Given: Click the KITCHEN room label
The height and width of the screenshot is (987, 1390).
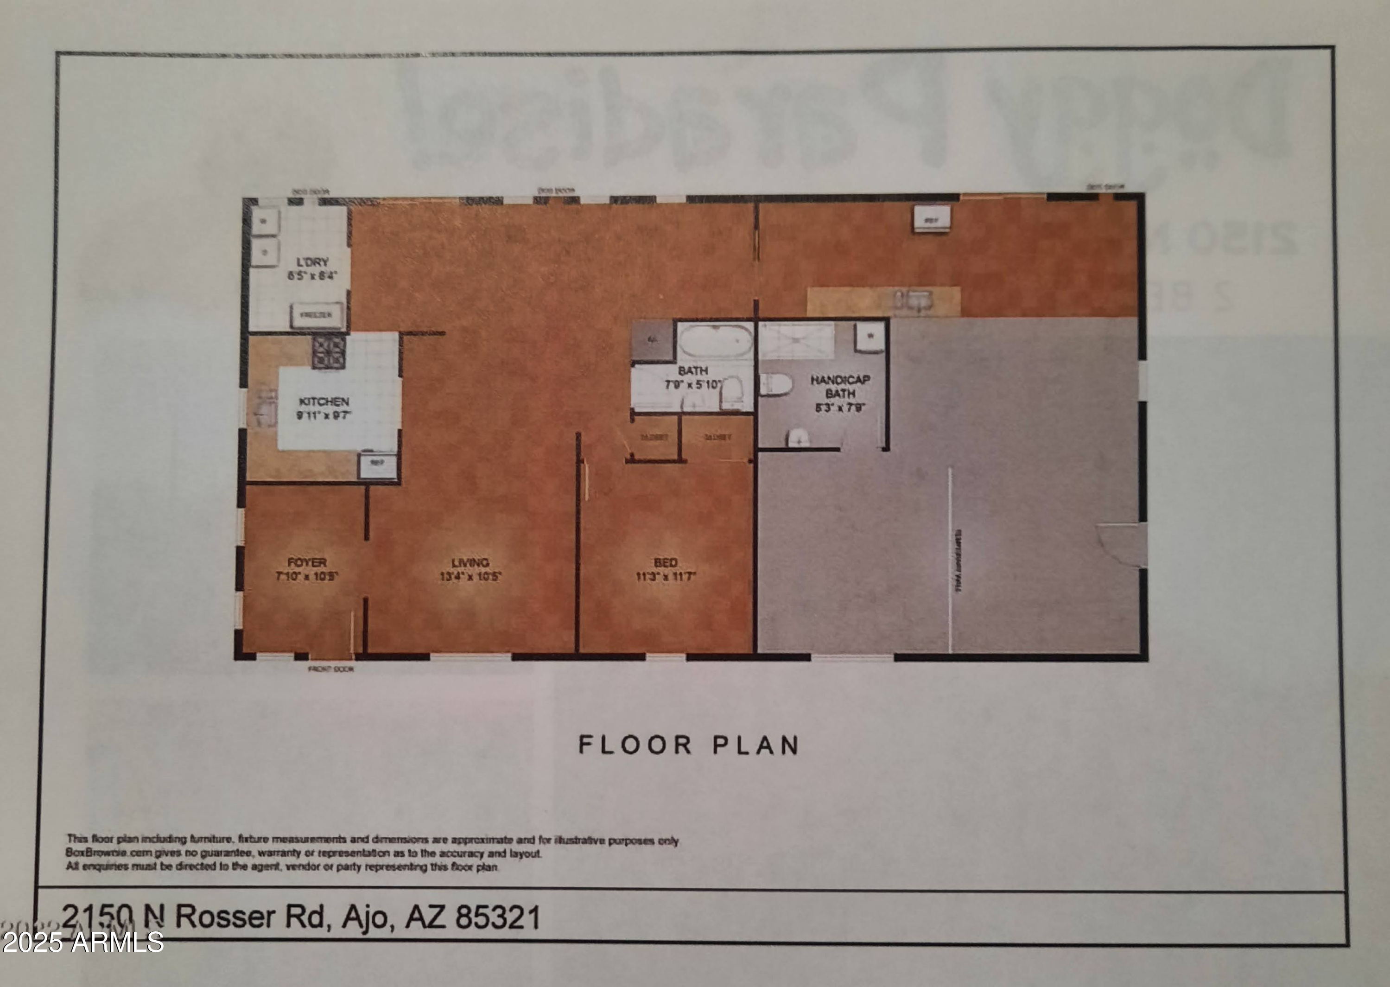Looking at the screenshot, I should (324, 402).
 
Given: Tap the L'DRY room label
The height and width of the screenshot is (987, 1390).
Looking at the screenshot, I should (312, 262).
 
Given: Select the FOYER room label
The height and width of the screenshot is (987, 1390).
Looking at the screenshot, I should (307, 563).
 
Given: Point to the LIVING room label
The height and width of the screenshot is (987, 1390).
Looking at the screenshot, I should (470, 563).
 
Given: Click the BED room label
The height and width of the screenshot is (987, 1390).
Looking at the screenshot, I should (665, 563).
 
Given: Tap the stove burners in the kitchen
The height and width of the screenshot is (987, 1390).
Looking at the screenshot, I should (329, 352).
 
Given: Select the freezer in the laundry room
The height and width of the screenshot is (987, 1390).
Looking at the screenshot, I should (316, 315).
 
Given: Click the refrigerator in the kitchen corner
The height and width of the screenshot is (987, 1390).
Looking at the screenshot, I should (377, 465).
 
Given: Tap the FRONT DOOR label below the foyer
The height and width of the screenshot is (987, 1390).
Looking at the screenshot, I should (330, 669).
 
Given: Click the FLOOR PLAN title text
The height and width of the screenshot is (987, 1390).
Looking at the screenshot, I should (688, 745).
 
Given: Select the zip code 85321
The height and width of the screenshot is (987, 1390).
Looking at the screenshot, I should (498, 917).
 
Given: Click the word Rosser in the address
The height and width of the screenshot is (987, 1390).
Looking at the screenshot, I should (225, 916).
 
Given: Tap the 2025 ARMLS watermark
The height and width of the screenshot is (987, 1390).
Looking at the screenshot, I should (82, 942).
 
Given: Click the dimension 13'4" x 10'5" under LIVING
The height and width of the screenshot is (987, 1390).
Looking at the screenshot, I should (470, 576).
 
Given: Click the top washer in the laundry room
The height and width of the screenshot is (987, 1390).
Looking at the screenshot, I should (265, 223).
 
